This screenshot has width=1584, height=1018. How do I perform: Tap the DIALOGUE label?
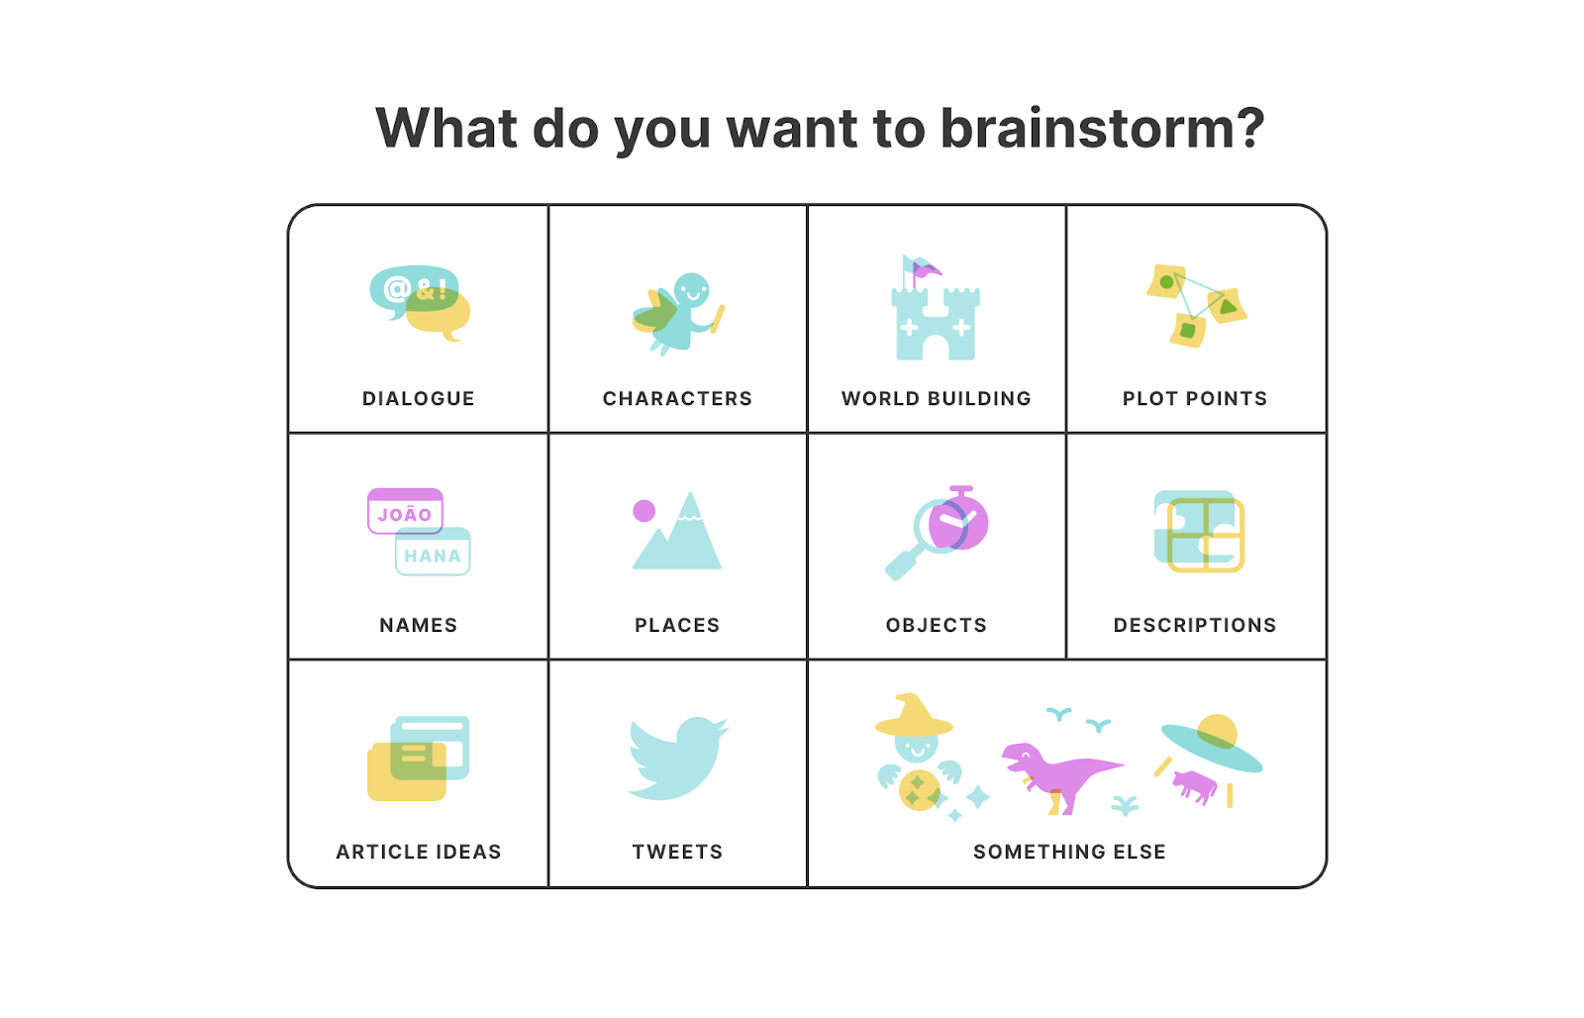click(x=418, y=398)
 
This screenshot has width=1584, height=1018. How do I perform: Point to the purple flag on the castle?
click(x=928, y=269)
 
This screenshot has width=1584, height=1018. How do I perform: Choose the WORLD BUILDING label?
click(x=936, y=398)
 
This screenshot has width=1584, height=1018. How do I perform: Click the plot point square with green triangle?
click(x=1228, y=306)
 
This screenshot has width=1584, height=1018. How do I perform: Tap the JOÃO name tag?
click(x=405, y=513)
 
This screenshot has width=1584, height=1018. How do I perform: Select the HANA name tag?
click(x=433, y=555)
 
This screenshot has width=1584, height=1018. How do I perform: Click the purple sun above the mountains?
click(x=644, y=511)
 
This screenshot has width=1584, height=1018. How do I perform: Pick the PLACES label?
click(x=677, y=625)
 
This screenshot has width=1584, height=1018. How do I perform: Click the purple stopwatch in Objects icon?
click(x=962, y=522)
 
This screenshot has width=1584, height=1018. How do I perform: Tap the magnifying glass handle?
click(x=901, y=565)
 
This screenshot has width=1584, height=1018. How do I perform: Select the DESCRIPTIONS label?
click(x=1195, y=625)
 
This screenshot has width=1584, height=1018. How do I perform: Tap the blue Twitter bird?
click(x=677, y=758)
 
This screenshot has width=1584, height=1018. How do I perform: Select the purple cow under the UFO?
click(x=1195, y=786)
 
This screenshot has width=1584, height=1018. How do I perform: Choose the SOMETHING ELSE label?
click(x=1069, y=852)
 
